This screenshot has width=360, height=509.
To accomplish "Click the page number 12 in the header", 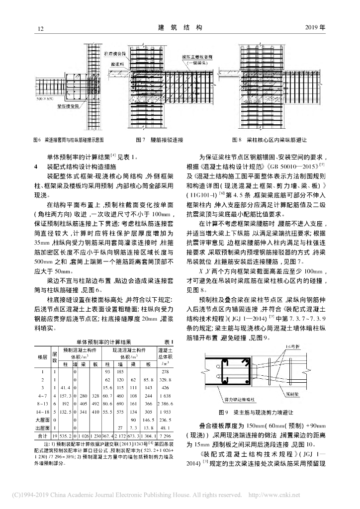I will click(x=41, y=28).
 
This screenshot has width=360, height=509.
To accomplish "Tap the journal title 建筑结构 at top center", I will click(x=180, y=28).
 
